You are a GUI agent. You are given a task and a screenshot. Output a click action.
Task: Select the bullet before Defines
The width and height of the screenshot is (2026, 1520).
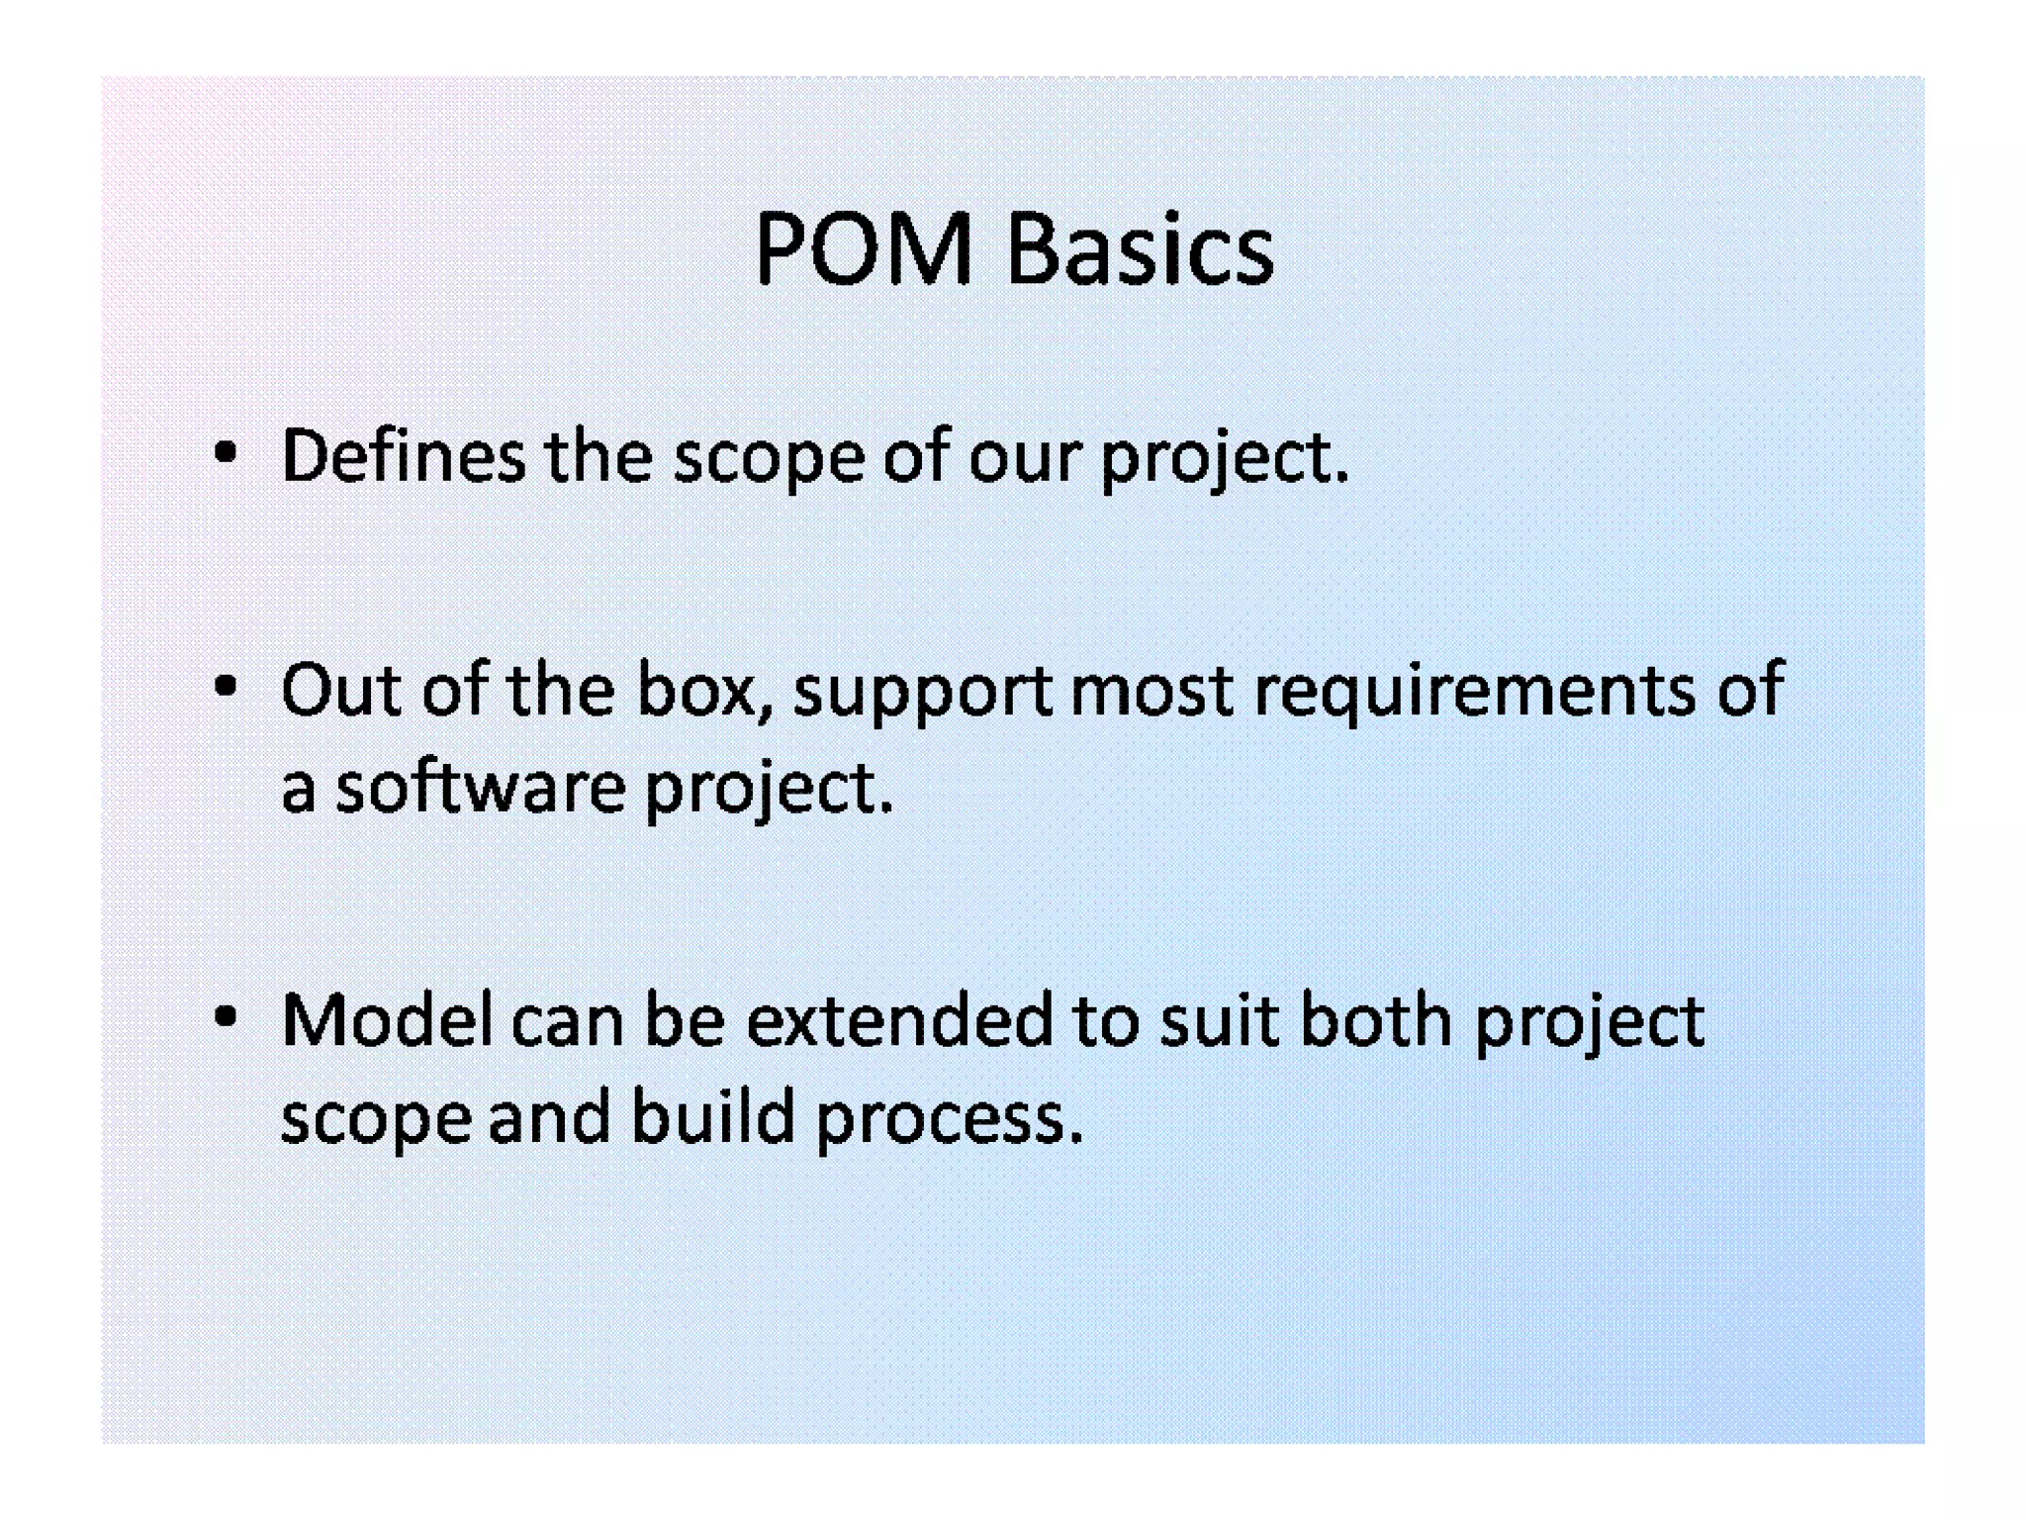(x=226, y=454)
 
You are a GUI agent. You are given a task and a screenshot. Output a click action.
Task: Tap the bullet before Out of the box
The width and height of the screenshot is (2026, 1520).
(x=226, y=686)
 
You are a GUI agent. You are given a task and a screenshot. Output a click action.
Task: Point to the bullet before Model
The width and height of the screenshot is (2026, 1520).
(x=226, y=1016)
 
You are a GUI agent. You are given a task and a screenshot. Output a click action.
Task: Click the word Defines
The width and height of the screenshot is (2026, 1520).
(x=404, y=456)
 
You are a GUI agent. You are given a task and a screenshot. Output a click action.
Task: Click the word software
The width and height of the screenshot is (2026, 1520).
(x=481, y=788)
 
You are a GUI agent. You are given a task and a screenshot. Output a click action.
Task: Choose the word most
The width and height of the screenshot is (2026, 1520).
(x=1152, y=690)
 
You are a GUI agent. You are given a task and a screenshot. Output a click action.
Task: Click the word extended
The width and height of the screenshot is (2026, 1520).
(x=899, y=1020)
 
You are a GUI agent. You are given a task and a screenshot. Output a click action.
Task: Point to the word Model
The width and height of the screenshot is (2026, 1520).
(x=387, y=1020)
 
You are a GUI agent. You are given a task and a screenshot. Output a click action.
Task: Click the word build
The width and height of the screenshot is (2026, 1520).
(x=713, y=1116)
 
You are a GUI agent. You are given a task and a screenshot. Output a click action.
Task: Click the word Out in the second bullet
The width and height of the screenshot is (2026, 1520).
(x=341, y=690)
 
